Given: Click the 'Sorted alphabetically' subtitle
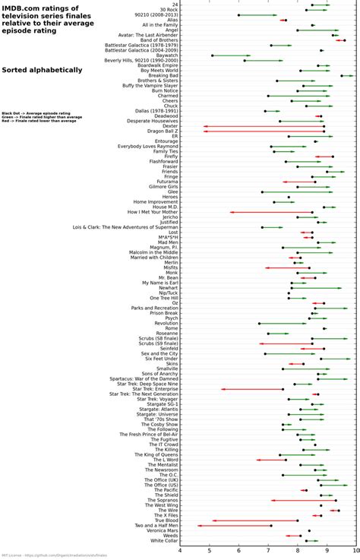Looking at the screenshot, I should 42,70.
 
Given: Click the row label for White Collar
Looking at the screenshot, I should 162,540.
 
